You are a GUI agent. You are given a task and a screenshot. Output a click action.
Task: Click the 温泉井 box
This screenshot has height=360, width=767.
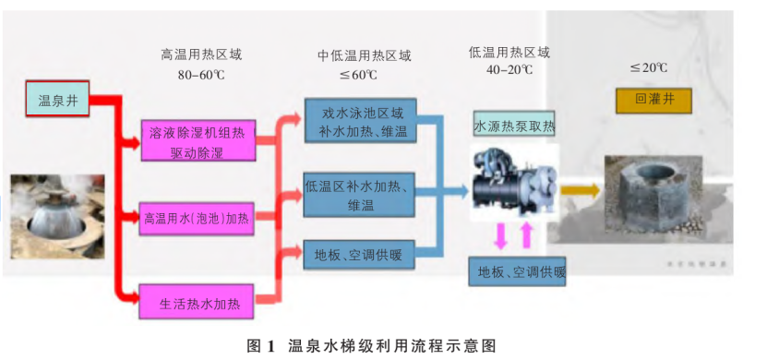(x=57, y=99)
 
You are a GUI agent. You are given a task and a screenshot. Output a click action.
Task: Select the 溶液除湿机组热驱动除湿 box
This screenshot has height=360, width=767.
(x=198, y=141)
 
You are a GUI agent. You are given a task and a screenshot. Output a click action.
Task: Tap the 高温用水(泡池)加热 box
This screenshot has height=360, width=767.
(x=197, y=218)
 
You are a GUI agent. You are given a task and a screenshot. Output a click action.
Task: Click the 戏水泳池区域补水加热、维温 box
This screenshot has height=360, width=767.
(x=359, y=122)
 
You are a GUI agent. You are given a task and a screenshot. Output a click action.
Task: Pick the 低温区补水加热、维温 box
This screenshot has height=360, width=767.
(x=357, y=195)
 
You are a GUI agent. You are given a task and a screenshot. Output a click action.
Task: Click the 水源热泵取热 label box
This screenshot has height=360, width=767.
(x=514, y=125)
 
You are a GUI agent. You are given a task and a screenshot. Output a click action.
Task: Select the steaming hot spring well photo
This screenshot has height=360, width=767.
(x=52, y=215)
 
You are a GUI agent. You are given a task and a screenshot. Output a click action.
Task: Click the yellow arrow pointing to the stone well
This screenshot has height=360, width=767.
(x=579, y=190)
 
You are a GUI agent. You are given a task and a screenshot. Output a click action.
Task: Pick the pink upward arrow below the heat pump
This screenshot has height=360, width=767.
(x=527, y=234)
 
